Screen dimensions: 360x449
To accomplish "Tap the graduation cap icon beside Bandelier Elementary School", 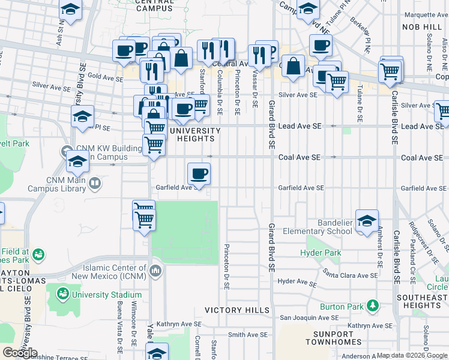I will coord(367,220).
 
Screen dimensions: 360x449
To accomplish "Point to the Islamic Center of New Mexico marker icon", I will coord(155,271).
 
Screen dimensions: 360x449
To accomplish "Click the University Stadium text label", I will coord(106,295).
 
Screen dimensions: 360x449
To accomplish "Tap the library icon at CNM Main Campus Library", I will coord(94,182).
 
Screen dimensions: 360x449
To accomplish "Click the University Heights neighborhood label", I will coord(192,134).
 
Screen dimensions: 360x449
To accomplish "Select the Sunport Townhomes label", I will coord(337,338).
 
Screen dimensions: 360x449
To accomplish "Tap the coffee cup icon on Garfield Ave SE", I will coord(199,173).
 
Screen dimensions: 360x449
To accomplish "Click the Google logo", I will coord(20,352).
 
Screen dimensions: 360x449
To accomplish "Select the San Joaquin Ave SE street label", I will coord(309,318).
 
